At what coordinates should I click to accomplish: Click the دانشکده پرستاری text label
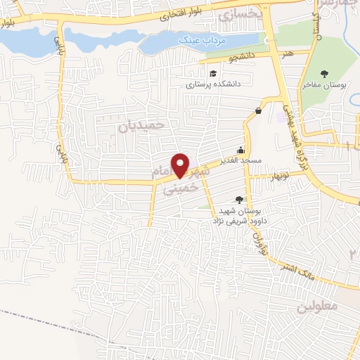point(214,84)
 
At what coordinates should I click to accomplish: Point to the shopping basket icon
point(259,110)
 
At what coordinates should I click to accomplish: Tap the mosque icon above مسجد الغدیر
point(242,149)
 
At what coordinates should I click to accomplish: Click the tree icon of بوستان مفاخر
point(323,74)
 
